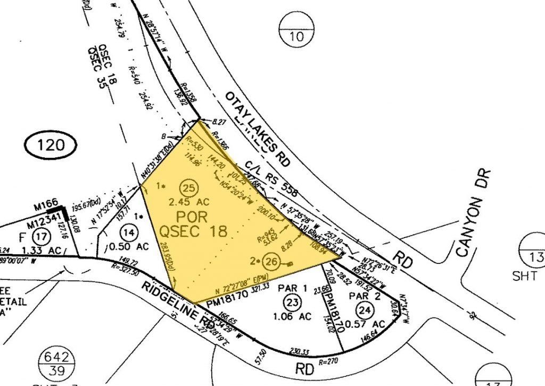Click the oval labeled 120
pyautogui.click(x=52, y=144)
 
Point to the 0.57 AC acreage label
pyautogui.click(x=367, y=323)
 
